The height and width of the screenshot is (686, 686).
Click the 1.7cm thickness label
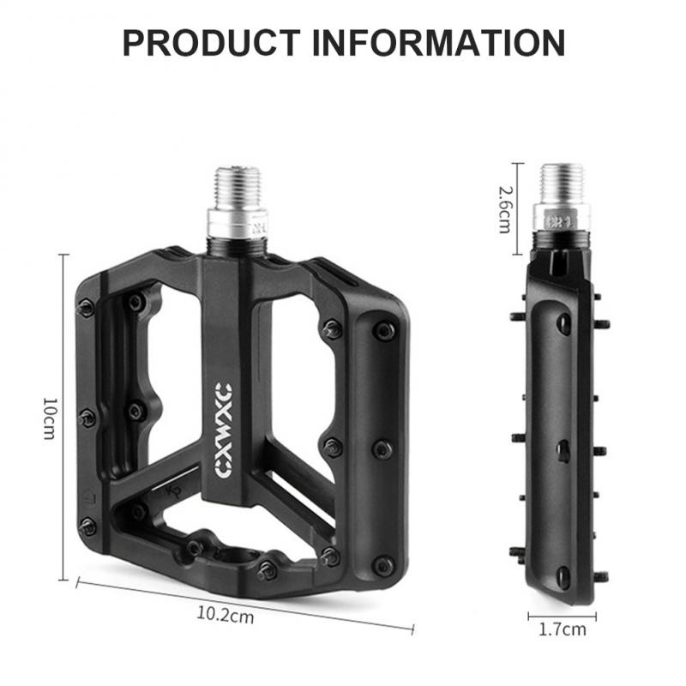(x=562, y=630)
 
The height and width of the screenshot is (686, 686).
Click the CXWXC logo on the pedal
(x=226, y=419)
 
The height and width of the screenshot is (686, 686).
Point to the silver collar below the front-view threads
(x=237, y=226)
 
